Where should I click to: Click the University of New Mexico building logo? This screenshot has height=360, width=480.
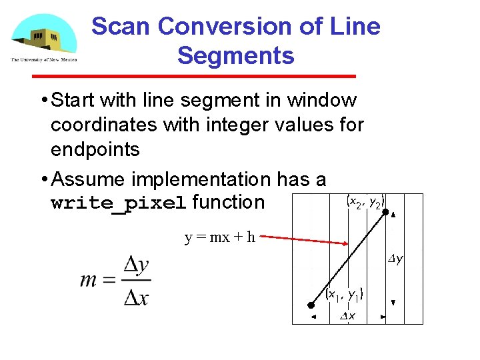(x=43, y=38)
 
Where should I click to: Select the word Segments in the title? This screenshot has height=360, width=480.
(x=235, y=55)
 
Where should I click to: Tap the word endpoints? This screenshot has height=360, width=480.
(x=95, y=149)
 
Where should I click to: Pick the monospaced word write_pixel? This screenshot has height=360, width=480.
(x=119, y=203)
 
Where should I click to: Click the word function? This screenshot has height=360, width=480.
(x=229, y=202)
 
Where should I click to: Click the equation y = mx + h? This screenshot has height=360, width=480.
(x=219, y=237)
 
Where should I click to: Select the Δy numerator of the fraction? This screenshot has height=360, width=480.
(x=136, y=265)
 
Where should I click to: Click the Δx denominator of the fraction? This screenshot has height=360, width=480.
(x=136, y=296)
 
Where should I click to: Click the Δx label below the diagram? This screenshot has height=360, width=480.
(x=347, y=316)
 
